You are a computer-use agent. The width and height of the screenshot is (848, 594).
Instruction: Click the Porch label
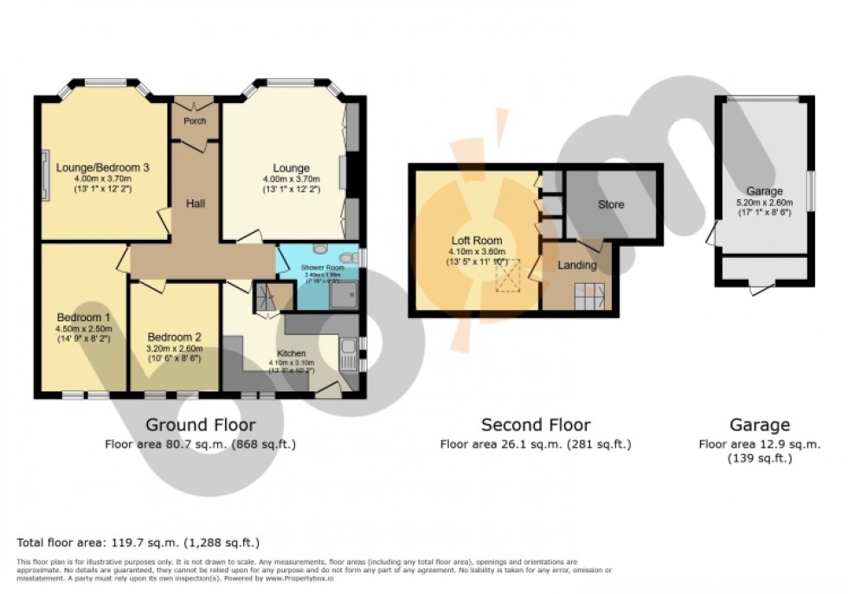195,121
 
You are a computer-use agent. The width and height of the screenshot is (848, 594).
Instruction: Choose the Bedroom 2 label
174,337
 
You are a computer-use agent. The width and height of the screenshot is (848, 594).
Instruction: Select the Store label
610,204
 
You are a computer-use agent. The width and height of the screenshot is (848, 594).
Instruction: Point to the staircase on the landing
594,299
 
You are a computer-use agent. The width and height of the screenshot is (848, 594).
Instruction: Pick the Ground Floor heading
200,425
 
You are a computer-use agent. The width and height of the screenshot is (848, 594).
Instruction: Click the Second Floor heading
536,425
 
